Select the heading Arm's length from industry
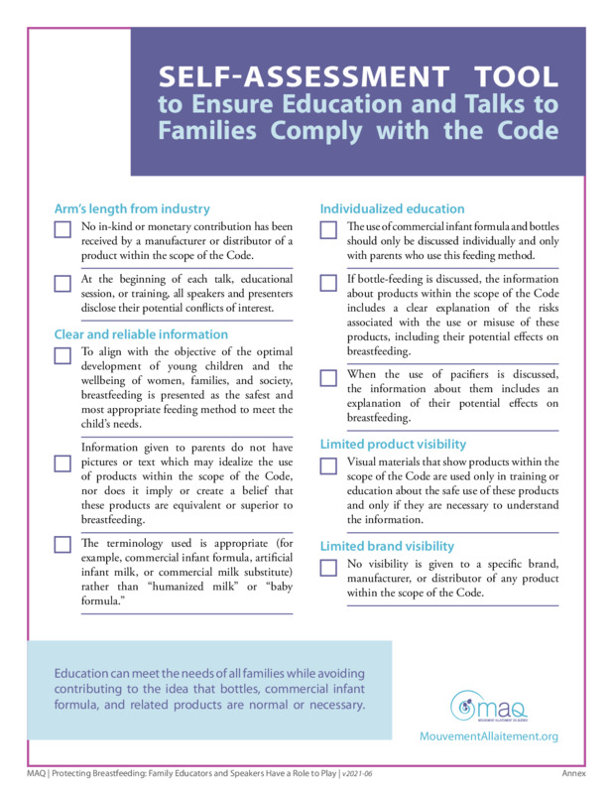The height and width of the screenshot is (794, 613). pos(132,208)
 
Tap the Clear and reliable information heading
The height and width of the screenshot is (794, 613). pos(141,334)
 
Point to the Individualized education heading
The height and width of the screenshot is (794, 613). pos(392,208)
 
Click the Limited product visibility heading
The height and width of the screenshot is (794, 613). pos(393,444)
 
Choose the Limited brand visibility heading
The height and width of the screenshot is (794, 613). pos(387,546)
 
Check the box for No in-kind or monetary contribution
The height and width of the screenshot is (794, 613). pos(62,230)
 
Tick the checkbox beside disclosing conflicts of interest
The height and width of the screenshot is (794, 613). pos(62,283)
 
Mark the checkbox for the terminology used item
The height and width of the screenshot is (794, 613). pos(62,544)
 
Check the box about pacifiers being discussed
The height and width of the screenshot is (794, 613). pos(328,377)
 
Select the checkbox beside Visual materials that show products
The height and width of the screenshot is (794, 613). pos(328,465)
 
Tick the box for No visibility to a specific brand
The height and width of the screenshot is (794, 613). pos(328,568)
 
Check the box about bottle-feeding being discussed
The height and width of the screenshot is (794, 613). pos(328,283)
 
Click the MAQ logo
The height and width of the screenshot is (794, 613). pos(488,707)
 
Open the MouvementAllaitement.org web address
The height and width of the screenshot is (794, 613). pos(489,736)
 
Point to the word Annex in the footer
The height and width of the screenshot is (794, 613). pos(573,772)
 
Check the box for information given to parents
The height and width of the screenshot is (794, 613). pos(62,463)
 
